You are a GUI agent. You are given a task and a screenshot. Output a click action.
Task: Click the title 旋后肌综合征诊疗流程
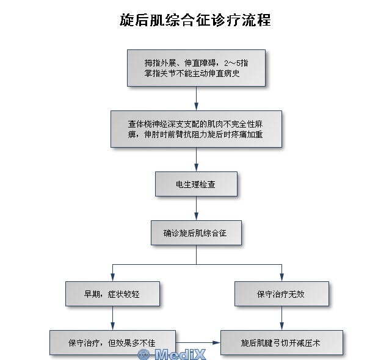point(195,20)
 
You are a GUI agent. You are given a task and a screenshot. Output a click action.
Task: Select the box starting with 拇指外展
point(196,68)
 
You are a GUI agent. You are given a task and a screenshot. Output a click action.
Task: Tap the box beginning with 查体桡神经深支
point(196,129)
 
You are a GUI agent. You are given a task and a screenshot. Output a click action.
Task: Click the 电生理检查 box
point(196,184)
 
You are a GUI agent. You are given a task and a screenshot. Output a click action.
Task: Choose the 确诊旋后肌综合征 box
point(196,232)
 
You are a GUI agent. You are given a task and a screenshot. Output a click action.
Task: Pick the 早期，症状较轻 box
point(112,293)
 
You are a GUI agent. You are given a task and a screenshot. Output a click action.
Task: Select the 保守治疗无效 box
point(281,293)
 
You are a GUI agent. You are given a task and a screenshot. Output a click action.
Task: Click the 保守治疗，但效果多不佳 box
point(112,342)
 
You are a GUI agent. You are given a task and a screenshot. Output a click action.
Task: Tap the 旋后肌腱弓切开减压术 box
point(281,342)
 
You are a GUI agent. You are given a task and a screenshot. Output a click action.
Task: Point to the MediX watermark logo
point(172,354)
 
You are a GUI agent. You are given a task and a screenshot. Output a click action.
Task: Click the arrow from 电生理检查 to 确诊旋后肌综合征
point(196,208)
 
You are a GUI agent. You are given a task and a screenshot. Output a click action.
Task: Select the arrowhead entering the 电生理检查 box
point(196,167)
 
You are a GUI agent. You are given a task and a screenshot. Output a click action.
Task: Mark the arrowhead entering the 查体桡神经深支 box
point(196,106)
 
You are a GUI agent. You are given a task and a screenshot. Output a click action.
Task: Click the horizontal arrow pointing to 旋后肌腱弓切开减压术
point(198,342)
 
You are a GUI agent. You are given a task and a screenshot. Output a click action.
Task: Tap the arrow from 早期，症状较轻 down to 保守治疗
point(112,318)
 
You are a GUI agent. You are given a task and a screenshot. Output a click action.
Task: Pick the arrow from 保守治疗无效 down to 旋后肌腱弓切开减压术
point(281,318)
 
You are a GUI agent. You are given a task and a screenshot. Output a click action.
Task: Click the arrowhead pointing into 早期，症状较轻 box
point(112,277)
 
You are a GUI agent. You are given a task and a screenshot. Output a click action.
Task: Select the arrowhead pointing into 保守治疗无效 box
point(281,277)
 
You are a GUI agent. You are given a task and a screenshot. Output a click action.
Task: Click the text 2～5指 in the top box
point(236,63)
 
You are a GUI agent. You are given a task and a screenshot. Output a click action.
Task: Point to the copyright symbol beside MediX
point(143,355)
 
